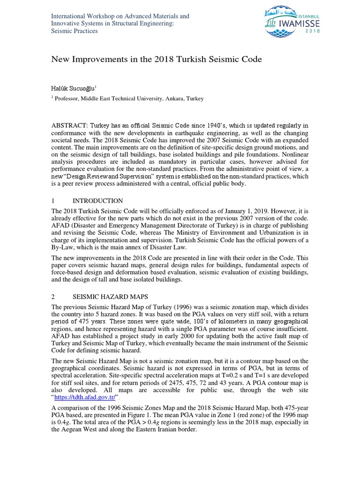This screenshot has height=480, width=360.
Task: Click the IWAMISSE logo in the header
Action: pyautogui.click(x=287, y=22)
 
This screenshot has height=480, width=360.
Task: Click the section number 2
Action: pyautogui.click(x=53, y=297)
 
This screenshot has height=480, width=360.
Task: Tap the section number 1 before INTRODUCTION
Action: pyautogui.click(x=53, y=201)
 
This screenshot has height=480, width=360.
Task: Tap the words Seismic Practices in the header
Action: pyautogui.click(x=74, y=31)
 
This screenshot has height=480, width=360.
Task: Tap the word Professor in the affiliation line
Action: pyautogui.click(x=72, y=99)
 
